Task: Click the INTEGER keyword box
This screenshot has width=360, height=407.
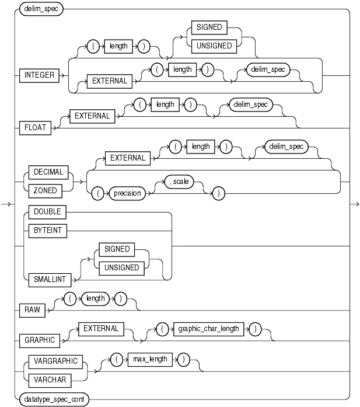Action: [x=40, y=75]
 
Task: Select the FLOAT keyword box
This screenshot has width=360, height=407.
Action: [x=36, y=128]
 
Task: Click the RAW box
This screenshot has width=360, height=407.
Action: [x=33, y=309]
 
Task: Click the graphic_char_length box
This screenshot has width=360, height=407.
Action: [x=209, y=329]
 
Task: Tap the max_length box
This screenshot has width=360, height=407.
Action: [x=151, y=359]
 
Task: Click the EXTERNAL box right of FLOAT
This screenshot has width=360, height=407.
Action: [x=92, y=116]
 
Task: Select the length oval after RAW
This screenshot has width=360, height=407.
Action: [x=95, y=298]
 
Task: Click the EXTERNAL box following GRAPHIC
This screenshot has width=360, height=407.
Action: [x=101, y=329]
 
